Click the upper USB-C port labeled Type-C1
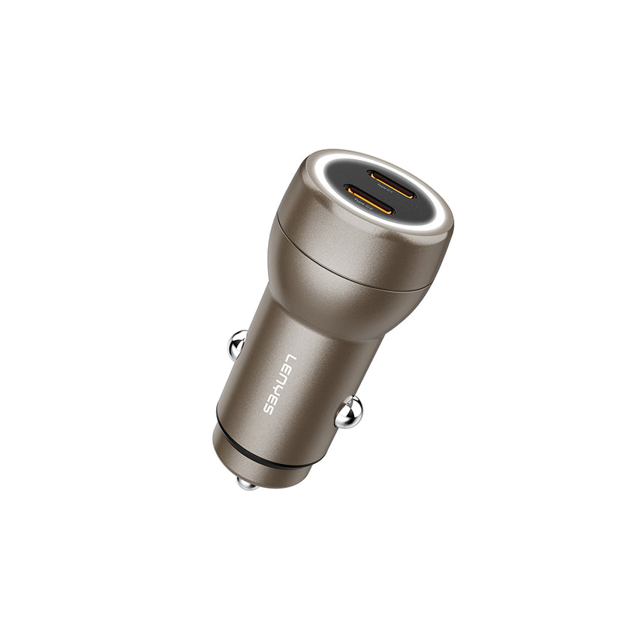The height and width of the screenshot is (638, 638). coord(392,184)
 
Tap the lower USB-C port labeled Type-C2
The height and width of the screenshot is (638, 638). coord(369,200)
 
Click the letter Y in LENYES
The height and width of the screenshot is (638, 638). coord(279,387)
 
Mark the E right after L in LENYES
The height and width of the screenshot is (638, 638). coord(287,369)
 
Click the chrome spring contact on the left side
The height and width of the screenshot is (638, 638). coord(236,344)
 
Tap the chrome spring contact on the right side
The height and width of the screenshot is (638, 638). coord(349,414)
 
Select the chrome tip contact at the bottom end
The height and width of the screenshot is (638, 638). coord(247,483)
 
